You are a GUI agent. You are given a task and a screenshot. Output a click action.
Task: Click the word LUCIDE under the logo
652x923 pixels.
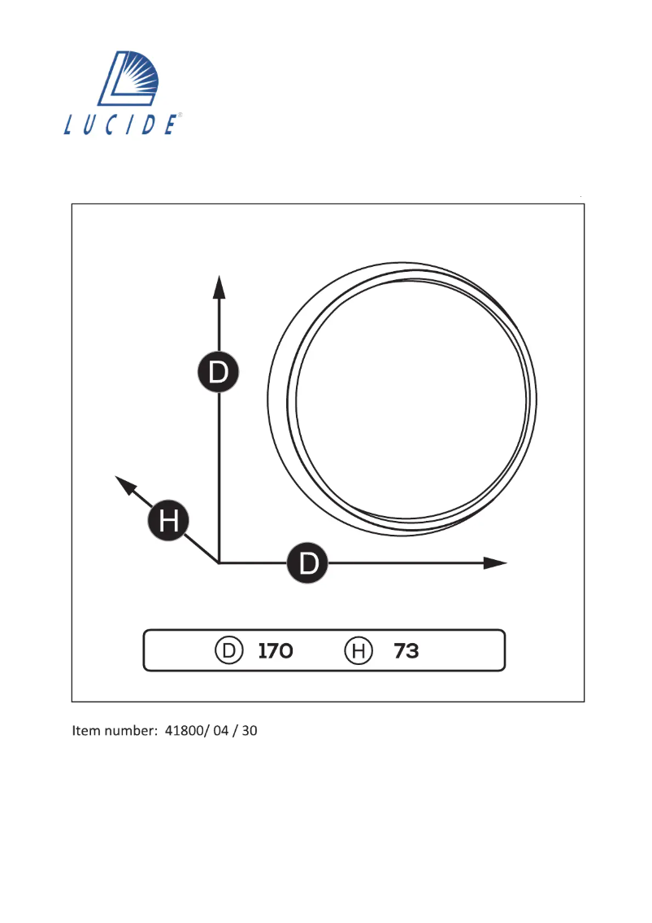point(121,125)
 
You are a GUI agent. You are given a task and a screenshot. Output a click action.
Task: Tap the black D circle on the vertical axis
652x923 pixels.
point(219,373)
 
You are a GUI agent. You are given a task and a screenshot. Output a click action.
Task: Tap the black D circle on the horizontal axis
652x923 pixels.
point(308,562)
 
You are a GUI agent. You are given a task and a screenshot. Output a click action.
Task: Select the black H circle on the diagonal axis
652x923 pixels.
point(168,519)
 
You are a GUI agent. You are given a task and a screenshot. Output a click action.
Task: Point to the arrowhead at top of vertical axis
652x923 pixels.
point(219,287)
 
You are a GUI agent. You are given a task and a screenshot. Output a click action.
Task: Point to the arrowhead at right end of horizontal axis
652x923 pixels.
point(495,562)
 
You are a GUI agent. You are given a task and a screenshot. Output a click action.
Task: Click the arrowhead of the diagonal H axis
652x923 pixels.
point(124,483)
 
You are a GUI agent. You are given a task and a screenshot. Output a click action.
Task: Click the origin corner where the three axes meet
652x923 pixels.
point(219,562)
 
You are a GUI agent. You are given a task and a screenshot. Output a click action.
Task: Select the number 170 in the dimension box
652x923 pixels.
point(275,651)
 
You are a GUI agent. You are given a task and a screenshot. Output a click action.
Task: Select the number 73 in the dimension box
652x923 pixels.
point(406,651)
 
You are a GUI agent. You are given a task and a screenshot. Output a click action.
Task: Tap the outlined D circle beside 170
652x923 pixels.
point(229,651)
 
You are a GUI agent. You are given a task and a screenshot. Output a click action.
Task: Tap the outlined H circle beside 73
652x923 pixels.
point(359,651)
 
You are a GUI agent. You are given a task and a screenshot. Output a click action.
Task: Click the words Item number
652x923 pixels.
point(114,731)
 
